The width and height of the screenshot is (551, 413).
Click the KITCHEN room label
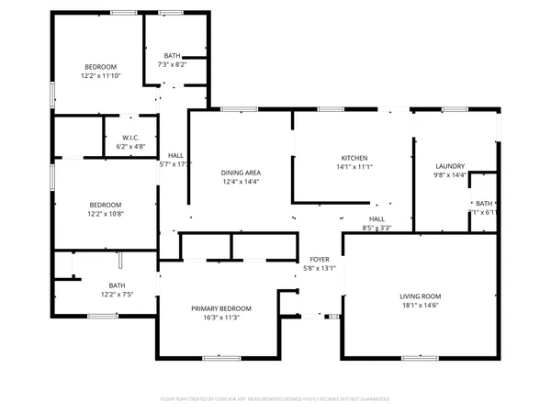coord(354,158)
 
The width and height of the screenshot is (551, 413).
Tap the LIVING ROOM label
coord(420,296)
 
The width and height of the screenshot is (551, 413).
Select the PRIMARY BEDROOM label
coord(220,308)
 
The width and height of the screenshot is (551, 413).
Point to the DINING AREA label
coord(241,173)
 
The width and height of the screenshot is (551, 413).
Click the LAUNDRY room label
coord(450,165)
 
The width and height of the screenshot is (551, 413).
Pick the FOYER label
coord(319,260)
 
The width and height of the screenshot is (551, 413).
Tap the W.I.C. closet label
coord(130,137)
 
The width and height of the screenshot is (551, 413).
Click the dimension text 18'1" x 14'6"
coord(420,306)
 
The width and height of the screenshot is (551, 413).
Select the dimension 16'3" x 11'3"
coord(220,318)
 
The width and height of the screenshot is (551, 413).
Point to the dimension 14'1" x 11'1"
coord(354,167)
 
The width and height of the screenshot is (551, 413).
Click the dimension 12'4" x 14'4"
coord(241,182)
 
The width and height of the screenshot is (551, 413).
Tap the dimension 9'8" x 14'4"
coord(450,174)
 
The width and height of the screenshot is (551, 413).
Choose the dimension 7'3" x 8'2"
coord(173,64)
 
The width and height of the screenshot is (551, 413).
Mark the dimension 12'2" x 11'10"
coord(101,75)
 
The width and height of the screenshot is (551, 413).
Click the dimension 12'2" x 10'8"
coord(106,214)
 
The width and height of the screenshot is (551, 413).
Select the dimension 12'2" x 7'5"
coord(118,294)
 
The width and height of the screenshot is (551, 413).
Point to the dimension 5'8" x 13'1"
coord(319,269)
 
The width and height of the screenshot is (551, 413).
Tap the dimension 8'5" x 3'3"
coord(377,228)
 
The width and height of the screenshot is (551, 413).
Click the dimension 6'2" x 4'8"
coord(130,146)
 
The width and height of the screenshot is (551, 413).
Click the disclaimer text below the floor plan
coord(275,399)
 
